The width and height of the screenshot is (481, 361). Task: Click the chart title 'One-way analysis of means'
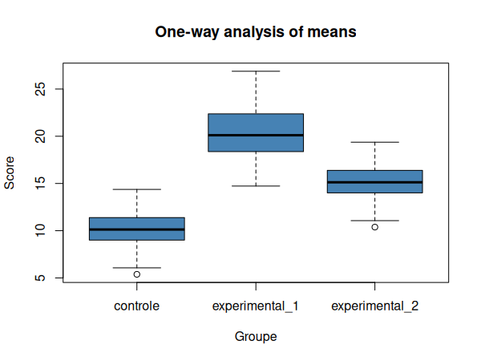click(x=256, y=32)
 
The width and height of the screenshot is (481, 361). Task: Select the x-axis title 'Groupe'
click(x=256, y=337)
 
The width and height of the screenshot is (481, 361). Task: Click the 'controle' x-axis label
click(x=137, y=306)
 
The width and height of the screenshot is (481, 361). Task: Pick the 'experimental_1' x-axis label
click(x=256, y=306)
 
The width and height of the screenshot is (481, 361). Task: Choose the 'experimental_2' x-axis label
click(x=374, y=306)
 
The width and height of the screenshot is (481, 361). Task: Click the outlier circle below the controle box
click(x=137, y=274)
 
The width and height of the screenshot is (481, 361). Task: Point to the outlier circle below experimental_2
click(x=374, y=227)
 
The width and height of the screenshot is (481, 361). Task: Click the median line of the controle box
click(x=137, y=229)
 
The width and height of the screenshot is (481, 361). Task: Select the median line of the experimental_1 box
click(x=256, y=136)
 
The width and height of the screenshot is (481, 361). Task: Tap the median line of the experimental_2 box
click(x=374, y=182)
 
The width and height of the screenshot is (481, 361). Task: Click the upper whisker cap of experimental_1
click(x=256, y=71)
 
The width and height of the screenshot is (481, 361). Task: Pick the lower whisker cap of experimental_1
click(x=256, y=186)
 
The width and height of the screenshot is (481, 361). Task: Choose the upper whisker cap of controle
click(x=137, y=189)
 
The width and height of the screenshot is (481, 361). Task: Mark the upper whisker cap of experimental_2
click(x=374, y=142)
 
